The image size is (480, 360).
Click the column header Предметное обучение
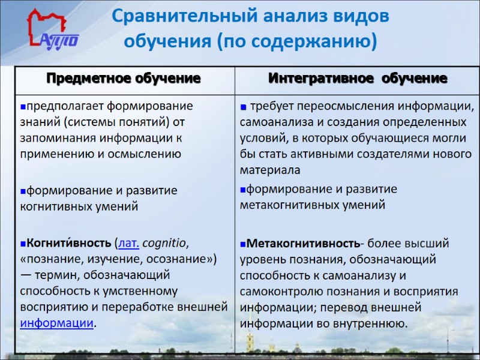(x=124, y=79)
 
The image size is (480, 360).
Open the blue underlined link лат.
(x=130, y=244)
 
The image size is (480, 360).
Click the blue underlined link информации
(x=57, y=322)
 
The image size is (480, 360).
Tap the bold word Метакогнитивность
(x=302, y=244)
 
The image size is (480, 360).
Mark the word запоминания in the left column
(x=58, y=137)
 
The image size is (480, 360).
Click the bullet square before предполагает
(x=22, y=107)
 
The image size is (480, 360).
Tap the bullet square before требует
(x=243, y=107)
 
